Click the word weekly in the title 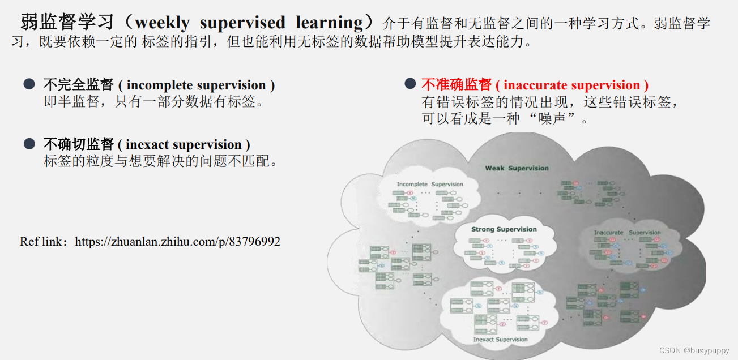coord(162,23)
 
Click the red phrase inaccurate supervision coord(572,85)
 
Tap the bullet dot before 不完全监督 coord(28,84)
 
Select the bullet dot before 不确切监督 coord(28,143)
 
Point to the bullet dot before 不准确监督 coord(410,84)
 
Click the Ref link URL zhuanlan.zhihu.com coord(177,242)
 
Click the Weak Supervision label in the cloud coord(517,168)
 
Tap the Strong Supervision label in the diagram coord(504,229)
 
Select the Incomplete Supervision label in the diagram coord(429,184)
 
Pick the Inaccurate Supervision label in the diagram coord(626,233)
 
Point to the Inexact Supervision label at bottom coord(500,340)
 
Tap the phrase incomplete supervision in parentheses coord(196,85)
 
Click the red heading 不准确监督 coord(457,85)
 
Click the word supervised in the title coord(242,23)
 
